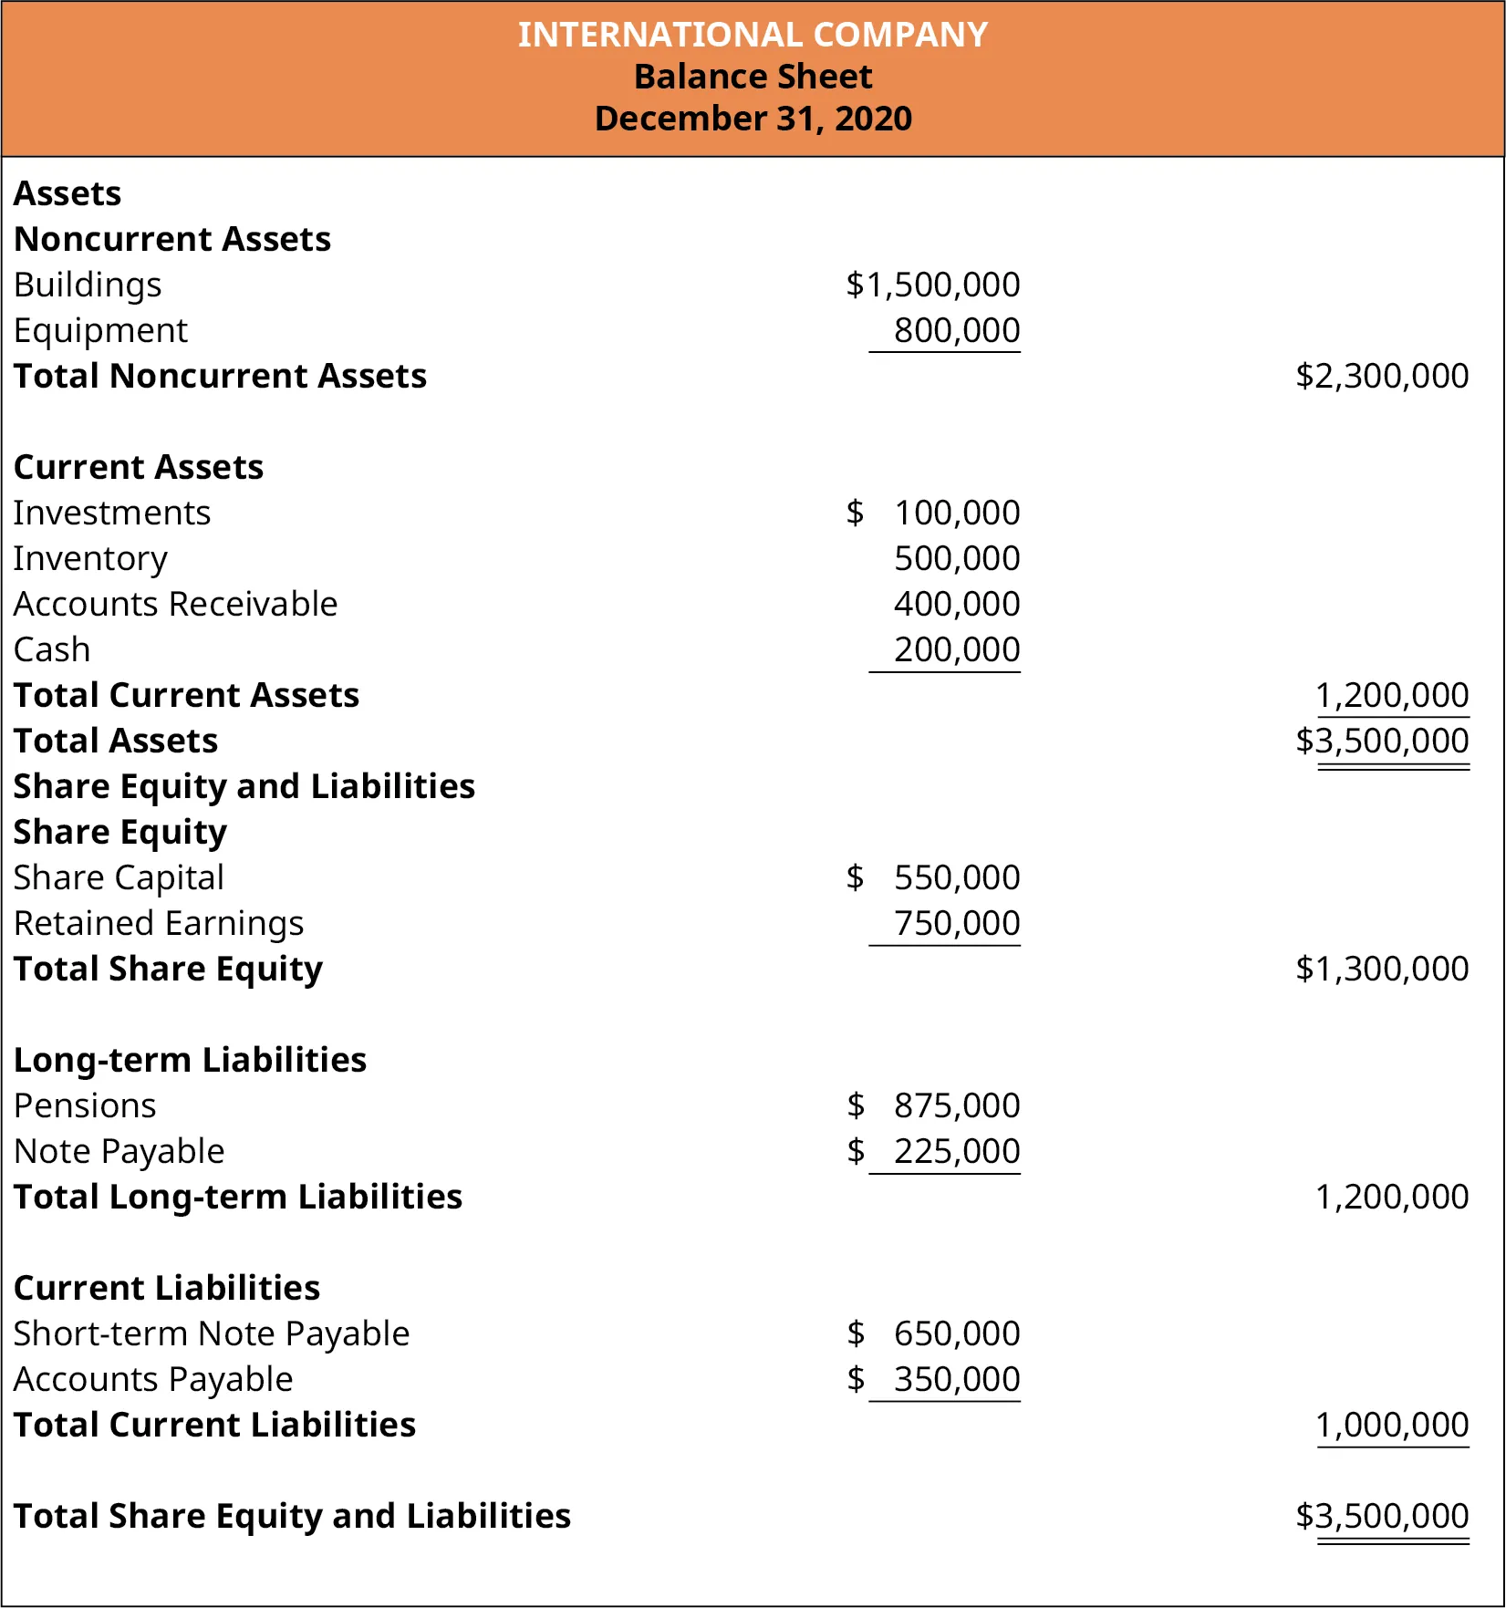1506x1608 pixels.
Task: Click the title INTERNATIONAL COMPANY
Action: pos(753,35)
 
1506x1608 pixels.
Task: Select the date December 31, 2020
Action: pos(753,119)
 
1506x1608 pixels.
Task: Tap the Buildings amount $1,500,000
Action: pos(932,285)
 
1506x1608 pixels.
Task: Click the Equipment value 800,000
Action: pos(956,330)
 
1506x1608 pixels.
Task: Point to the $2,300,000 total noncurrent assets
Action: pos(1381,376)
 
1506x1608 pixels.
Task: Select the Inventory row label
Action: pos(90,558)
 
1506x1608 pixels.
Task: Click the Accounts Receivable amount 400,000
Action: pos(956,604)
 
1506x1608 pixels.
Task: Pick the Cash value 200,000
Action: pos(956,649)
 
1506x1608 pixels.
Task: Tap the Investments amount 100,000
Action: pos(956,513)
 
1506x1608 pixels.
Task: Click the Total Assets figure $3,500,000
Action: pos(1381,741)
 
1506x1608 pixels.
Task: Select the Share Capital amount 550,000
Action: pos(956,877)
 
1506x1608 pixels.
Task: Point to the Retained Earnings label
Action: pos(159,923)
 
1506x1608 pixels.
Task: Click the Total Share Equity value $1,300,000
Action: pos(1381,969)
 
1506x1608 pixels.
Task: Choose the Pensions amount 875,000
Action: pos(956,1105)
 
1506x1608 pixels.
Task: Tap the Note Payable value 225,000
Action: pos(956,1151)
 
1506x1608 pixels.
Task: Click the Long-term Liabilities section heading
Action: pos(190,1060)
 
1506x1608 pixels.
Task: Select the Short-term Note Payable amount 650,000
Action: pos(956,1333)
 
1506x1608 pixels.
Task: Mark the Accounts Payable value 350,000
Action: pos(956,1379)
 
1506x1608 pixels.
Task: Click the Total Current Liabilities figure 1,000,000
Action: pos(1392,1425)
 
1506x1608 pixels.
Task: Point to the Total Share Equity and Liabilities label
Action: pos(292,1516)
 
